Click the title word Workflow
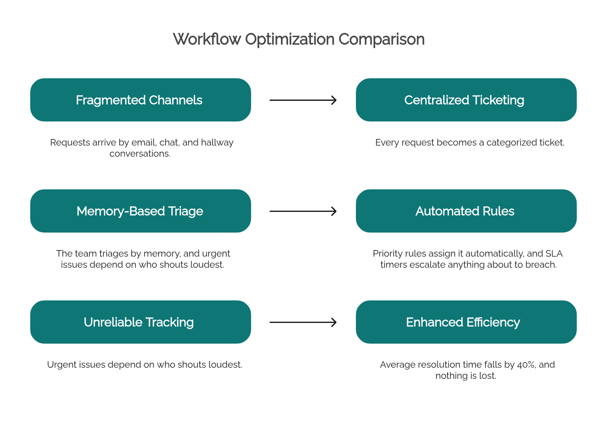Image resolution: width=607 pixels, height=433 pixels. pyautogui.click(x=207, y=39)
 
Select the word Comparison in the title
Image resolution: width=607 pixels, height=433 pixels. pyautogui.click(x=381, y=39)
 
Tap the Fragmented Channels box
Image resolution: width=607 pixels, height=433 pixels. pyautogui.click(x=141, y=100)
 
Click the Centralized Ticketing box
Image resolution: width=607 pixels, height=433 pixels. pyautogui.click(x=466, y=100)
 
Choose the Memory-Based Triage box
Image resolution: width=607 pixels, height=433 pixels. pyautogui.click(x=141, y=211)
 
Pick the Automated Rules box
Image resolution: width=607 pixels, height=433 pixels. pyautogui.click(x=466, y=211)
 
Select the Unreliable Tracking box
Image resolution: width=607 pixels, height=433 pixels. pyautogui.click(x=141, y=322)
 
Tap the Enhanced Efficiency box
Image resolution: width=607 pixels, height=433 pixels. pyautogui.click(x=466, y=322)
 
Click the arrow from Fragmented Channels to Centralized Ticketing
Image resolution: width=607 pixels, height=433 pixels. pyautogui.click(x=303, y=100)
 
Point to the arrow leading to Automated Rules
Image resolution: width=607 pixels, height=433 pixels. pyautogui.click(x=303, y=211)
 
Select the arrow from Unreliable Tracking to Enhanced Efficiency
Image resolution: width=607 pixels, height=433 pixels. pyautogui.click(x=303, y=322)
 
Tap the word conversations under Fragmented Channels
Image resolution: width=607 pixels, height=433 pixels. pyautogui.click(x=140, y=154)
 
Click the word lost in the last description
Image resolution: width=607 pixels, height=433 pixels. pyautogui.click(x=487, y=376)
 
